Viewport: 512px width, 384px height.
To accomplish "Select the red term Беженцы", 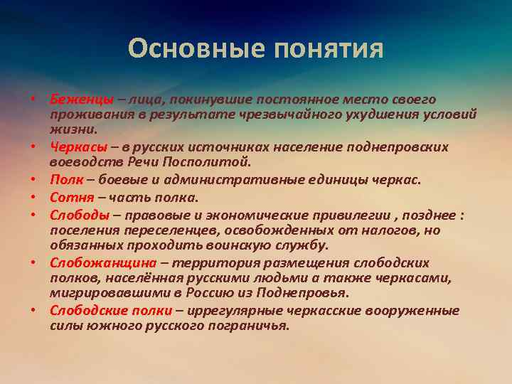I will point(78,99).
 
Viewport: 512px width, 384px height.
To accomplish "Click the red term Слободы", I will point(80,214).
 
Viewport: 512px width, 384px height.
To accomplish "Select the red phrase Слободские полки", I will point(111,310).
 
